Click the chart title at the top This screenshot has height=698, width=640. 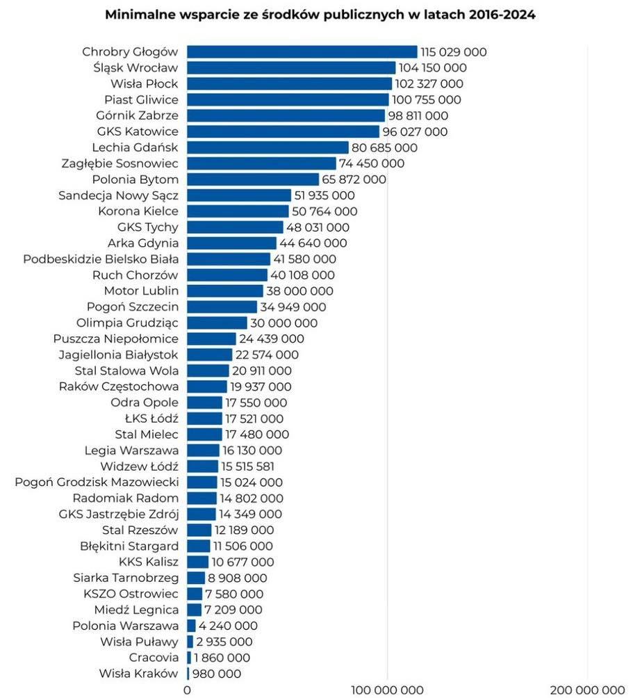(x=320, y=15)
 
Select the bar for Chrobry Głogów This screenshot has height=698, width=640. (x=302, y=52)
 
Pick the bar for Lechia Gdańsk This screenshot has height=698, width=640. (x=268, y=147)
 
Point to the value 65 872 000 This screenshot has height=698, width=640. (x=354, y=179)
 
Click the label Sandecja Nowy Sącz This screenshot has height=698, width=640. (x=118, y=195)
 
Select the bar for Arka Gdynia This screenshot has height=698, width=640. (x=231, y=243)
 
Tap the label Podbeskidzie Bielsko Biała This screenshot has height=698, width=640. (x=101, y=259)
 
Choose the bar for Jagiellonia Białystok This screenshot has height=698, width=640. (x=209, y=355)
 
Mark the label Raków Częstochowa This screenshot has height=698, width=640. (x=119, y=387)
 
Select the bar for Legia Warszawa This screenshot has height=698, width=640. (x=203, y=451)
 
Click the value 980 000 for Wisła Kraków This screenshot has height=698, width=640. (x=218, y=674)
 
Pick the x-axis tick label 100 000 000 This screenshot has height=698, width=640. (x=387, y=690)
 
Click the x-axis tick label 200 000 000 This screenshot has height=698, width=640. (x=588, y=690)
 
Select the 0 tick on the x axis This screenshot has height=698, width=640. (x=187, y=690)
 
